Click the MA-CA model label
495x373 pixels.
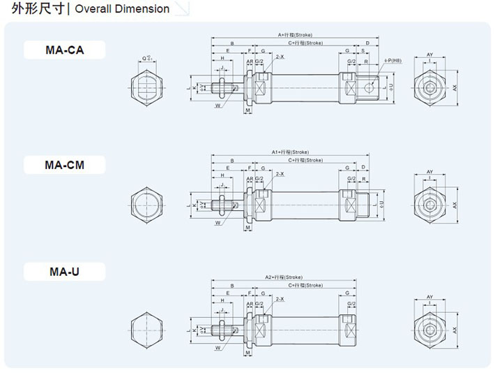[64, 49]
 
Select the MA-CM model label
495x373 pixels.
[64, 165]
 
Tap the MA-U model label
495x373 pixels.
[64, 271]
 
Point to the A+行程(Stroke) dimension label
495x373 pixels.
[296, 34]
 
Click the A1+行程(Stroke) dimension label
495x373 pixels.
[289, 152]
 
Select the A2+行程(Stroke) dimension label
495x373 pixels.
[283, 277]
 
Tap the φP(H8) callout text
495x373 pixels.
[394, 61]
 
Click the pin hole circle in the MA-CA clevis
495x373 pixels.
[369, 87]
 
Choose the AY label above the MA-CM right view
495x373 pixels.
[430, 171]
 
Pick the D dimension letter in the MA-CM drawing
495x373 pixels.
[364, 168]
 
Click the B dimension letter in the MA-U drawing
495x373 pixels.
[232, 286]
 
